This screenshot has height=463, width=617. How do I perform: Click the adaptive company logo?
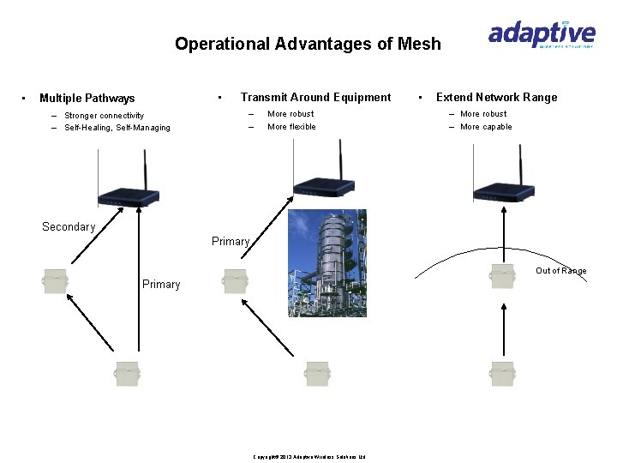pyautogui.click(x=541, y=35)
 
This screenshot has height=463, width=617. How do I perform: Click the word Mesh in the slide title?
pyautogui.click(x=420, y=44)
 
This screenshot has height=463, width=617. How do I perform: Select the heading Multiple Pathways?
pyautogui.click(x=87, y=99)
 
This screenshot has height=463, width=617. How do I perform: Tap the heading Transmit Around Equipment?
pyautogui.click(x=315, y=97)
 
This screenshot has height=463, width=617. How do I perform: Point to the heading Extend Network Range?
pyautogui.click(x=496, y=97)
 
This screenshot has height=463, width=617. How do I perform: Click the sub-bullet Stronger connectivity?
pyautogui.click(x=104, y=116)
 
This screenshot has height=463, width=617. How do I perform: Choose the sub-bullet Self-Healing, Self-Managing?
pyautogui.click(x=117, y=128)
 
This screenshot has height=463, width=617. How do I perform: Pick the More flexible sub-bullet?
pyautogui.click(x=291, y=127)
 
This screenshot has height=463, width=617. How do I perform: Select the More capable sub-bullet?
pyautogui.click(x=486, y=127)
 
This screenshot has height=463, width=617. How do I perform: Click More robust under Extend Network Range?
pyautogui.click(x=483, y=113)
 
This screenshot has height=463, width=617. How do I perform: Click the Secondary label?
pyautogui.click(x=69, y=227)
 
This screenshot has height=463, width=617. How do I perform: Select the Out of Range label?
pyautogui.click(x=561, y=271)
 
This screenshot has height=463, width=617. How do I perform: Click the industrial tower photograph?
pyautogui.click(x=326, y=262)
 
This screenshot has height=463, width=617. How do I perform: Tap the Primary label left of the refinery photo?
pyautogui.click(x=230, y=242)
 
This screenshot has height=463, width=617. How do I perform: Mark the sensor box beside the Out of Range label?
pyautogui.click(x=502, y=278)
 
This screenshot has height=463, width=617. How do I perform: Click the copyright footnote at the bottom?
pyautogui.click(x=309, y=457)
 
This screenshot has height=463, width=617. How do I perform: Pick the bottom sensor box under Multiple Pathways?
pyautogui.click(x=127, y=373)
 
